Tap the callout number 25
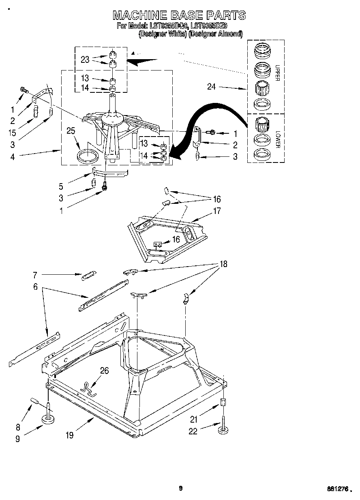click(x=71, y=130)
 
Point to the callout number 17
click(x=217, y=211)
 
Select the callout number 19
click(x=69, y=435)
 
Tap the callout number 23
click(x=85, y=59)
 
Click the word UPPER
click(x=277, y=73)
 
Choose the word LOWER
click(x=277, y=139)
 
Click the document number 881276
click(x=339, y=489)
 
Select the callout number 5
click(x=61, y=187)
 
